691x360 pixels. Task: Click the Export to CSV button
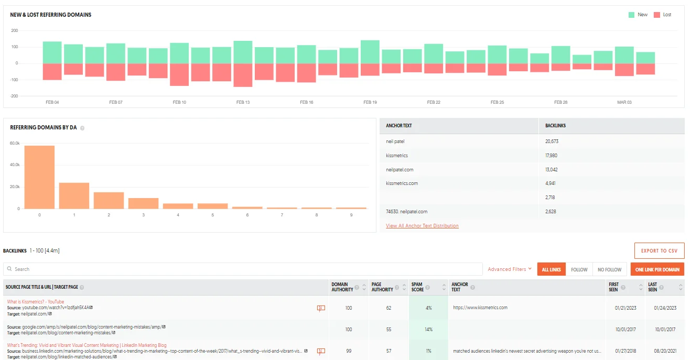(659, 251)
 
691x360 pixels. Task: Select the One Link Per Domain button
(657, 269)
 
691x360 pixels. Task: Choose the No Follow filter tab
(609, 269)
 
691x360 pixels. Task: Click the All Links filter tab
(551, 269)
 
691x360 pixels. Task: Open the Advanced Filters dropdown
(510, 269)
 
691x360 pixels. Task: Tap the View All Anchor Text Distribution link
(422, 226)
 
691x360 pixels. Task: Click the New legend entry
(638, 15)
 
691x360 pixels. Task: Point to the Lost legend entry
(663, 15)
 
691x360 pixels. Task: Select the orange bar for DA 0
(39, 177)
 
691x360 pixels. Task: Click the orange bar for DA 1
(74, 195)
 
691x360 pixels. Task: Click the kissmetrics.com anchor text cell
(402, 183)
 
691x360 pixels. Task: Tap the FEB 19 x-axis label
(370, 102)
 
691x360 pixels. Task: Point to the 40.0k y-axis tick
(15, 165)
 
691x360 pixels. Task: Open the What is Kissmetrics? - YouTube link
(36, 302)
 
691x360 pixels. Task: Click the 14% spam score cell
(428, 330)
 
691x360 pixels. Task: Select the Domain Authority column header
(342, 287)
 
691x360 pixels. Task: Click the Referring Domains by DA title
(44, 127)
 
